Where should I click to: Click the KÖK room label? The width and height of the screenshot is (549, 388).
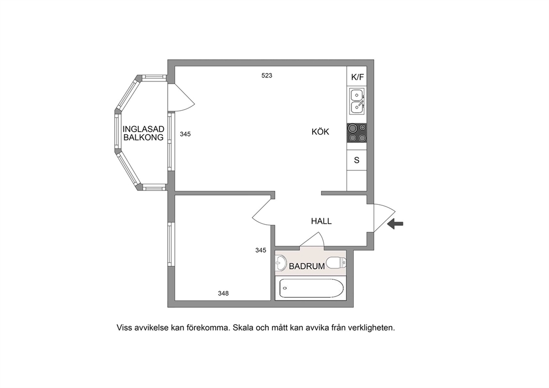click(320, 132)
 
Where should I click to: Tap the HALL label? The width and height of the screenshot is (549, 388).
click(321, 221)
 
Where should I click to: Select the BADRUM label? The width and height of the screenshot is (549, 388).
click(307, 266)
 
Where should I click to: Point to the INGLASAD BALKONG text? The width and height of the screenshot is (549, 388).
click(143, 133)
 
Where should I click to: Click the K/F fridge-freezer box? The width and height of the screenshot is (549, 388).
click(357, 76)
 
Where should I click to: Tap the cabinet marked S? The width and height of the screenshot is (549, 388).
click(357, 160)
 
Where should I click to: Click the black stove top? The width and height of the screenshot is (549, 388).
click(357, 133)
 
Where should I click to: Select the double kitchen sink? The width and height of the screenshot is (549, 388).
click(357, 101)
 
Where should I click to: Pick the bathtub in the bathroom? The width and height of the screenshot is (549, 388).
click(310, 288)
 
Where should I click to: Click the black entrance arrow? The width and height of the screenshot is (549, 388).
click(395, 224)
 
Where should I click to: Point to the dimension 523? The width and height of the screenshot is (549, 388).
click(267, 75)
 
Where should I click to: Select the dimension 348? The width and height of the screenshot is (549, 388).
click(224, 293)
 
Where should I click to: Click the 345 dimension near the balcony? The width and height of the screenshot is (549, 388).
click(185, 134)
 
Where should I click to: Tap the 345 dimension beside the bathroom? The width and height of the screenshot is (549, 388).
click(261, 250)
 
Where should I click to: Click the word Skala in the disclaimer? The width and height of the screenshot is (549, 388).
click(242, 328)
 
